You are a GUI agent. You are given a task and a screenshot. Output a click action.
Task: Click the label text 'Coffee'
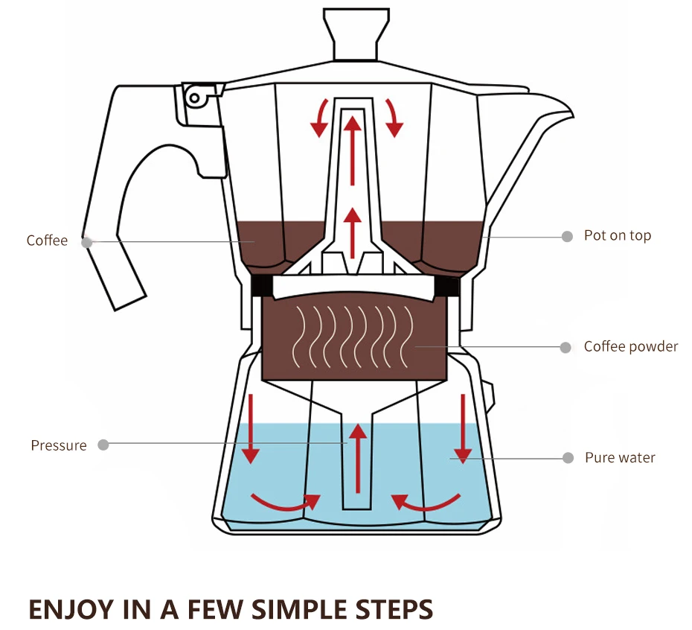(x=47, y=241)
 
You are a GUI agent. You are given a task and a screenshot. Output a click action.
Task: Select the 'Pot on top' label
(x=617, y=235)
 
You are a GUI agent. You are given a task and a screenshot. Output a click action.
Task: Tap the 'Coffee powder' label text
(x=630, y=346)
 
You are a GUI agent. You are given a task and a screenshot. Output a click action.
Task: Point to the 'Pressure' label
(x=59, y=445)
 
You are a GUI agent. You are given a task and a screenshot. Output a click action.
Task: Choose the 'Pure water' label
(x=620, y=457)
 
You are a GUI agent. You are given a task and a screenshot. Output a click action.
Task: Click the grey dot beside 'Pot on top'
(x=567, y=236)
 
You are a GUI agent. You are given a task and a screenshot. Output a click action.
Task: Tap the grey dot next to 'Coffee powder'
(x=566, y=347)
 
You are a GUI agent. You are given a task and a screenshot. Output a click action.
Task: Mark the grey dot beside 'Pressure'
(x=103, y=445)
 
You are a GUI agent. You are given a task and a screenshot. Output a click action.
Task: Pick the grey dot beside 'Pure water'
(x=568, y=458)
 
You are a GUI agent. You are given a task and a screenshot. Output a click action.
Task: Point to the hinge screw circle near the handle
(x=195, y=97)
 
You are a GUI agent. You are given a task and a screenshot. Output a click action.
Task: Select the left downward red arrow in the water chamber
(x=251, y=427)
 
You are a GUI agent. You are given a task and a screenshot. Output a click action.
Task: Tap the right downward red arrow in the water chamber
(x=464, y=427)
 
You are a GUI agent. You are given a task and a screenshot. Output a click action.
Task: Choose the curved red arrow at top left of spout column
(x=320, y=118)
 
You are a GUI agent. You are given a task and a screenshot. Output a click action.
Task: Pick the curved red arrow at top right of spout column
(x=393, y=118)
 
